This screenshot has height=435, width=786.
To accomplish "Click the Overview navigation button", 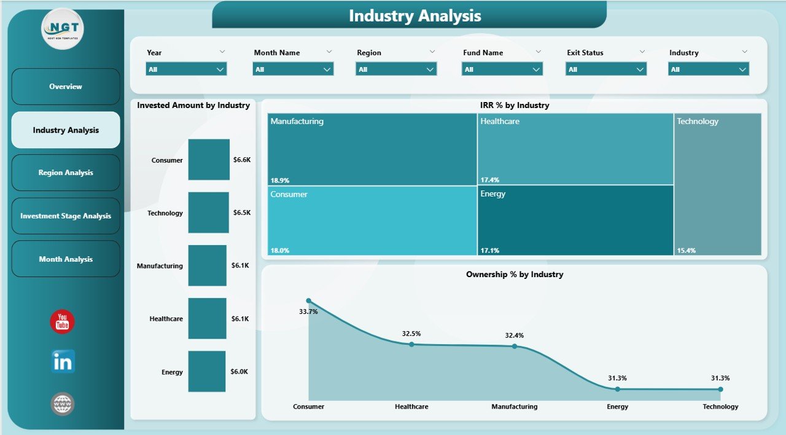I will pyautogui.click(x=66, y=87).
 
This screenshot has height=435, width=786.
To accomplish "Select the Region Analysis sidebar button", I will pyautogui.click(x=66, y=173).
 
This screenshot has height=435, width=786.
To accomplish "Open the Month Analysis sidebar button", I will pyautogui.click(x=66, y=259).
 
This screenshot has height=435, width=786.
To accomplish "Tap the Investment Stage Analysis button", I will pyautogui.click(x=66, y=216).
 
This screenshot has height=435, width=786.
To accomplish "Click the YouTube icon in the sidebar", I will pyautogui.click(x=62, y=322).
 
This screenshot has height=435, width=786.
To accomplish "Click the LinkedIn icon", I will pyautogui.click(x=63, y=362).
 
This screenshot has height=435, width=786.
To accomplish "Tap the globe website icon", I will pyautogui.click(x=63, y=404).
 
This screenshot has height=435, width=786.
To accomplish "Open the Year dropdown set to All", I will pyautogui.click(x=186, y=69).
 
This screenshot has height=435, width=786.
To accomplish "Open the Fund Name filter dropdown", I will pyautogui.click(x=502, y=69).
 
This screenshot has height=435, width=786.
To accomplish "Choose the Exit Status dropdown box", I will pyautogui.click(x=605, y=69).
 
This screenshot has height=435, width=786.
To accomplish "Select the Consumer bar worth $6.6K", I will pyautogui.click(x=209, y=160).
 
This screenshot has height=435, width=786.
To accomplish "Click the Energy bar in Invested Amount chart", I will pyautogui.click(x=206, y=371).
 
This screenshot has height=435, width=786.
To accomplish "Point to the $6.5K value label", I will pyautogui.click(x=242, y=213).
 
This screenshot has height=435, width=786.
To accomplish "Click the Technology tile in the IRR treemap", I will pyautogui.click(x=717, y=184).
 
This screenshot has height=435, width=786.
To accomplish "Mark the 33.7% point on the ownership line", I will pyautogui.click(x=309, y=301).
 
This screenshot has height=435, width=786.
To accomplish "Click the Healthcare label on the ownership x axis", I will pyautogui.click(x=411, y=407).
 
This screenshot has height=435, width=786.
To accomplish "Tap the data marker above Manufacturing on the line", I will pyautogui.click(x=515, y=346).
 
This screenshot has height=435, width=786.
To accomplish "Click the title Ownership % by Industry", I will pyautogui.click(x=515, y=275).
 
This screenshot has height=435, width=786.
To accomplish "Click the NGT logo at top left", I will pyautogui.click(x=62, y=28).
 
